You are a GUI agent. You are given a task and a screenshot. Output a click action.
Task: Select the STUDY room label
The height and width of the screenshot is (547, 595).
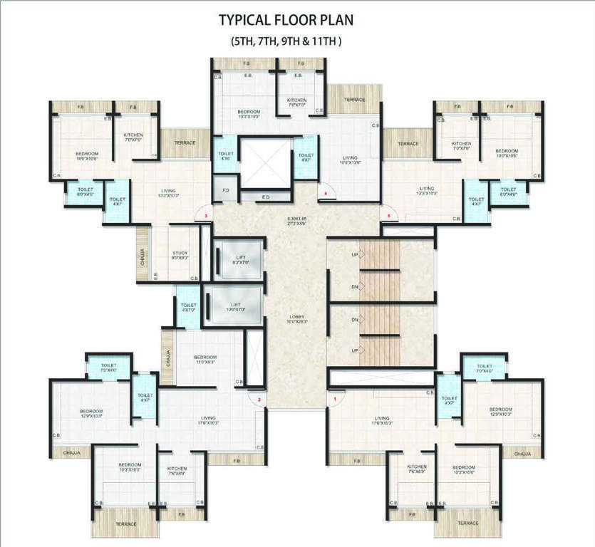tap(180, 255)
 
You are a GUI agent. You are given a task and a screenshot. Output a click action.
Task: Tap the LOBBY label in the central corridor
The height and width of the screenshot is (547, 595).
tap(296, 318)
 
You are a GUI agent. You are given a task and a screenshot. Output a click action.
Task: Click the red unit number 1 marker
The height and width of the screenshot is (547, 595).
tap(335, 400)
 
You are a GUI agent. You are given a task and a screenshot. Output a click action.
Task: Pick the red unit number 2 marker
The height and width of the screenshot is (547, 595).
tap(259, 400)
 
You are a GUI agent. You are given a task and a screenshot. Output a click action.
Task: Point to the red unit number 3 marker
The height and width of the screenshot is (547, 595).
tap(206, 215)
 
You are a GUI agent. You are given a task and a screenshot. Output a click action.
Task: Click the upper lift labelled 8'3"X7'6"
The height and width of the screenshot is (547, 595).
tap(239, 260)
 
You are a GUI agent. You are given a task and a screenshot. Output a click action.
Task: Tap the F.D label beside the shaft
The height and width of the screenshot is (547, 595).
tap(225, 191)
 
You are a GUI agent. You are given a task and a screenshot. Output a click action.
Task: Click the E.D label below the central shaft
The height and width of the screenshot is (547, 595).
tap(265, 197)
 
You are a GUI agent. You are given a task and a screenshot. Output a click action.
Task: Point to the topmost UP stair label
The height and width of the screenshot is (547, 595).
tap(354, 254)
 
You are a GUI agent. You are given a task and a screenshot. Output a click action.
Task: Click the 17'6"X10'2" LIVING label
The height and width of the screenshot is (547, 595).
tap(208, 421)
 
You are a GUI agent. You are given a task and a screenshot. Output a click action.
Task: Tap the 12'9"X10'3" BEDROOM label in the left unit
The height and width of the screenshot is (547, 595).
tap(92, 413)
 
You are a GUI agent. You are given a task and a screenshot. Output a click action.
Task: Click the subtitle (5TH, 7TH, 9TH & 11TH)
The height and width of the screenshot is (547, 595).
tap(286, 41)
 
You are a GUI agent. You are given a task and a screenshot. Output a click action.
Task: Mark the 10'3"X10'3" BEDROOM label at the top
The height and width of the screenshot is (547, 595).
tap(249, 114)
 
